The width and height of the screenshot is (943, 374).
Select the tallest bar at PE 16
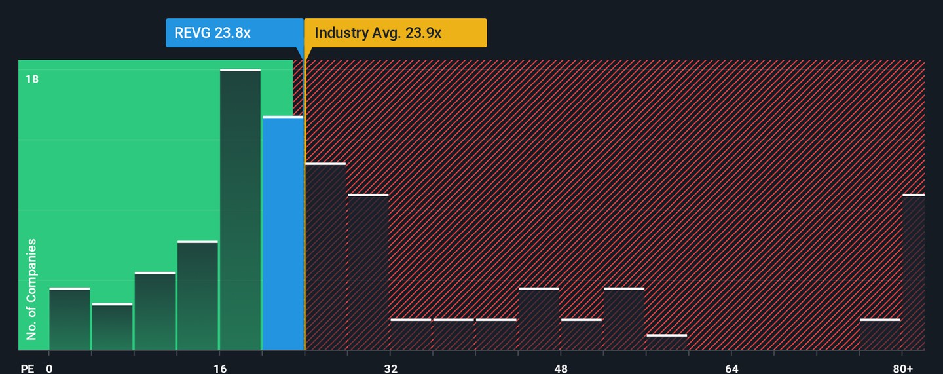[x=240, y=210]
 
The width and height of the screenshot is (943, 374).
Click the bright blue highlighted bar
[x=283, y=233]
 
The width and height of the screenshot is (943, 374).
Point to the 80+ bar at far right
[x=914, y=272]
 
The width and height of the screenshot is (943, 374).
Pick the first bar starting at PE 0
[x=69, y=319]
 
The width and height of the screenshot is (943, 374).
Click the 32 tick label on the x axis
[x=391, y=369]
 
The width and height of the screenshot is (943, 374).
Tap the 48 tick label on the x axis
[x=561, y=369]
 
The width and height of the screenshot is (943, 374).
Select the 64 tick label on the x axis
[x=732, y=369]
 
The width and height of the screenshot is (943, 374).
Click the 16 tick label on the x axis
[x=220, y=369]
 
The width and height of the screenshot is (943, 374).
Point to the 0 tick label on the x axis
[x=49, y=369]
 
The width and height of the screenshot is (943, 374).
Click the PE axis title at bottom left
[x=27, y=369]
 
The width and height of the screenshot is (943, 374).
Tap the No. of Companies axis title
[x=31, y=289]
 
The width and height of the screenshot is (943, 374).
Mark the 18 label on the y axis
[x=32, y=79]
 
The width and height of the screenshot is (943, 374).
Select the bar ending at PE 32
[x=368, y=272]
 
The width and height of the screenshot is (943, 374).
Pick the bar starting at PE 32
[x=411, y=335]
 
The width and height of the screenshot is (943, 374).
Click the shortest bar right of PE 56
[x=667, y=343]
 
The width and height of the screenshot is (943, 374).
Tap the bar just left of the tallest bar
[x=197, y=295]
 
